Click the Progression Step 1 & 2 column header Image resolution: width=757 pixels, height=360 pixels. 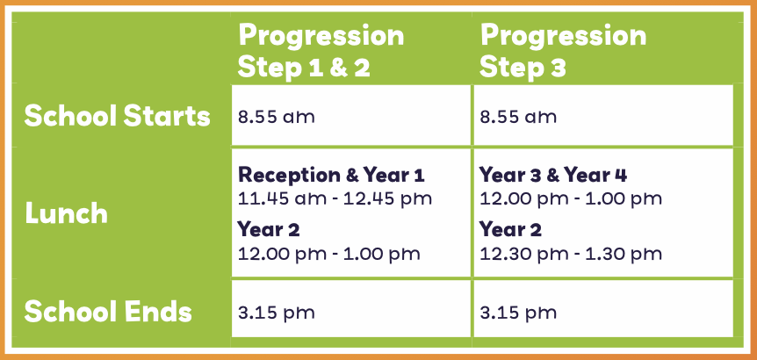[321, 52]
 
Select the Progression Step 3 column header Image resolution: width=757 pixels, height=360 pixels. [563, 52]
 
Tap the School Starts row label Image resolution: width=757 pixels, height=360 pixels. [118, 116]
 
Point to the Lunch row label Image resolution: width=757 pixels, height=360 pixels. [66, 213]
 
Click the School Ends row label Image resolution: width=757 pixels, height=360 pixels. [108, 312]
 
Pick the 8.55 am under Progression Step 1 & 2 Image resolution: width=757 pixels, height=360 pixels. [276, 117]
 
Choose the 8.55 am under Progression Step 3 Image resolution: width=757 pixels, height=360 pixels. [518, 117]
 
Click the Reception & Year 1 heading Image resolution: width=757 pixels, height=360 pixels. [331, 175]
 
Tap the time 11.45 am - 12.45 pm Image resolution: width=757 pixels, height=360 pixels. [335, 198]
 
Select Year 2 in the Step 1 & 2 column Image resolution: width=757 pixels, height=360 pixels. [269, 230]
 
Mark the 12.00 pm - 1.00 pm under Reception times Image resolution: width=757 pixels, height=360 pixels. [328, 254]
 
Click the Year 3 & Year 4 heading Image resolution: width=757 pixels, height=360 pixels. [553, 175]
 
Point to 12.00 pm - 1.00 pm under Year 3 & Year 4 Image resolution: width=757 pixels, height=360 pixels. [571, 198]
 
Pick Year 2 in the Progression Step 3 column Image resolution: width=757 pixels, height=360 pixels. [511, 230]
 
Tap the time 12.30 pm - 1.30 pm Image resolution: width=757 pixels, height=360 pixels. [571, 254]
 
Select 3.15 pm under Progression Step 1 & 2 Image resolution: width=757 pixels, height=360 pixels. [276, 313]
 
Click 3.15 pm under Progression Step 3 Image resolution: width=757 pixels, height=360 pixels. [518, 313]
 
